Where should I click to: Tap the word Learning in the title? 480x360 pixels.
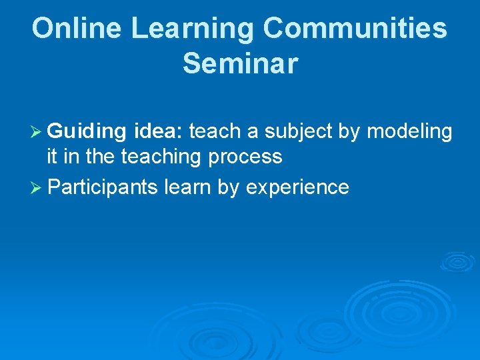pyautogui.click(x=192, y=29)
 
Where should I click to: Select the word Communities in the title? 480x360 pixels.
pyautogui.click(x=355, y=29)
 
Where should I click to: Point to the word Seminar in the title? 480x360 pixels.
pyautogui.click(x=240, y=63)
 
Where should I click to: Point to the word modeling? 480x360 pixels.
pyautogui.click(x=409, y=132)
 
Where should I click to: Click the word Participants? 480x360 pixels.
pyautogui.click(x=103, y=187)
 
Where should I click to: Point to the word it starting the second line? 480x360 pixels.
pyautogui.click(x=52, y=157)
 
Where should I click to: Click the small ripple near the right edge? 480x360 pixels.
pyautogui.click(x=457, y=261)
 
